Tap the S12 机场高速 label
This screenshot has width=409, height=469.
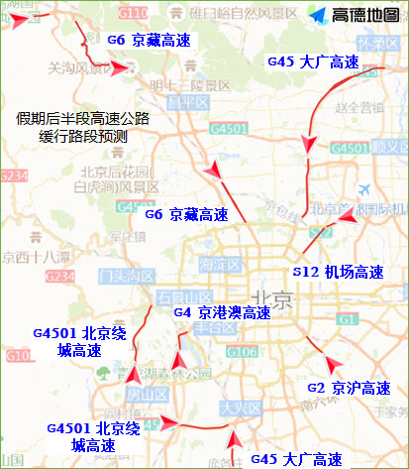pyautogui.click(x=337, y=270)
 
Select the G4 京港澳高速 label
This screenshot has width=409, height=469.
pyautogui.click(x=222, y=312)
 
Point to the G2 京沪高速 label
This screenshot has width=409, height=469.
pyautogui.click(x=349, y=388)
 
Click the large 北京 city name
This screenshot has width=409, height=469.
pyautogui.click(x=271, y=298)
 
